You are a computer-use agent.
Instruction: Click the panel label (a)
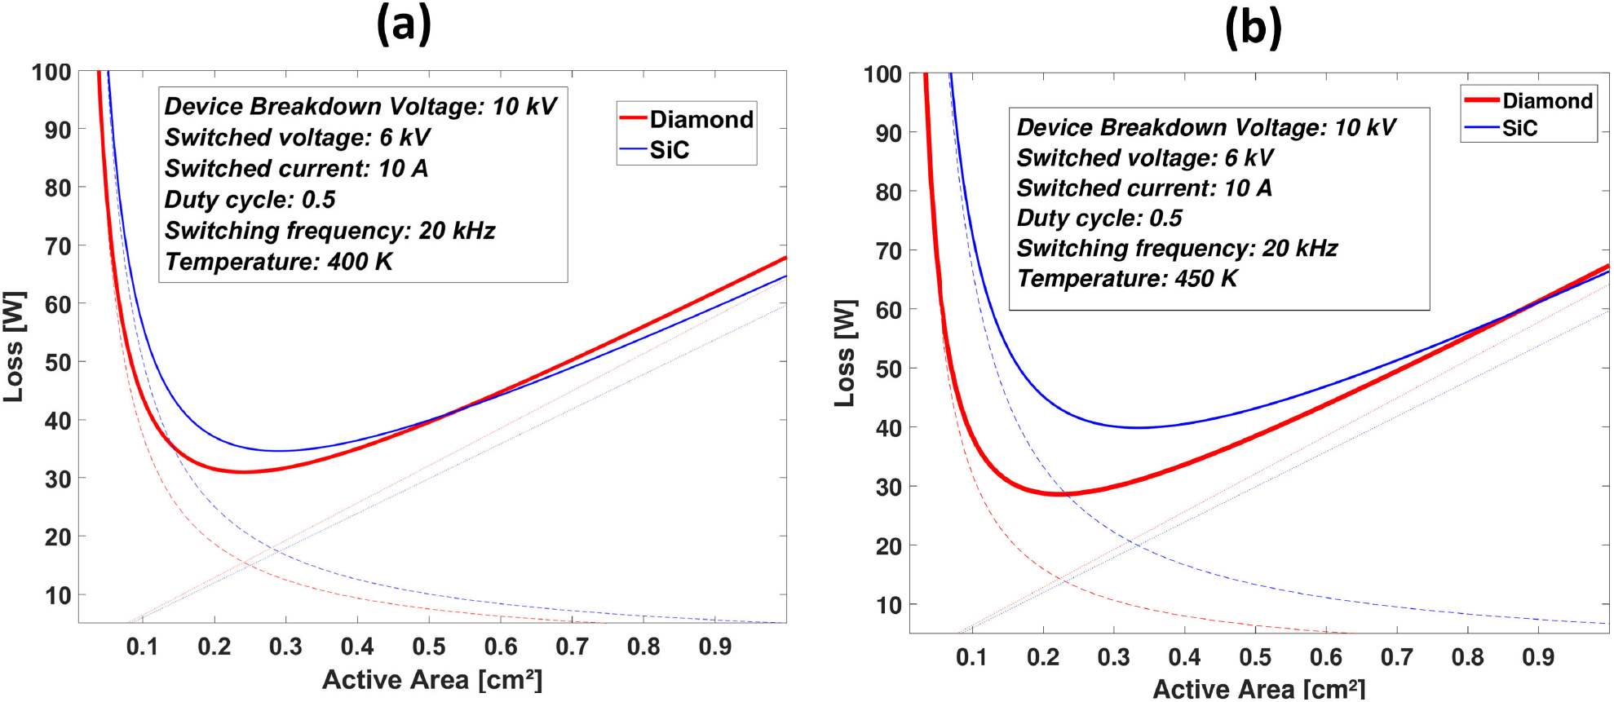tap(404, 24)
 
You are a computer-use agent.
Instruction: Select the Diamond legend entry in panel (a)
tap(701, 119)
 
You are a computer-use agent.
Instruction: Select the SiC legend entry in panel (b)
tap(1519, 128)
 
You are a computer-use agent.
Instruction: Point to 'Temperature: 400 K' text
tap(278, 262)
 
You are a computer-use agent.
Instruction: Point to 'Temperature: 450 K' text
tap(1126, 279)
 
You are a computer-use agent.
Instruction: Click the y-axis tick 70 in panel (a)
tap(58, 245)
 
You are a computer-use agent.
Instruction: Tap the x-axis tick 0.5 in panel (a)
tap(429, 647)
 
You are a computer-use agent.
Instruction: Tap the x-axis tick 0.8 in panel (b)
tap(1467, 657)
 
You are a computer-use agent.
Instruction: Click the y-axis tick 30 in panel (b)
tap(888, 487)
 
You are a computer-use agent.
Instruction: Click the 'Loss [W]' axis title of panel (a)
tap(15, 347)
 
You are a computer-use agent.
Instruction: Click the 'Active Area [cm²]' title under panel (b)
tap(1258, 689)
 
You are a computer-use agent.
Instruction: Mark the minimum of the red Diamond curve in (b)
tap(1057, 494)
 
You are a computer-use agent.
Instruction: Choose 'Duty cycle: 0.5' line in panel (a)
tap(250, 200)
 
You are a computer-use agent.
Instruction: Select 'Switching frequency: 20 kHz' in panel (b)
tap(1176, 248)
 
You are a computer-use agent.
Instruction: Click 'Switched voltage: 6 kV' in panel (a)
tap(297, 137)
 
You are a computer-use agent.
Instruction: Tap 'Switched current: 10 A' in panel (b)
tap(1143, 188)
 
